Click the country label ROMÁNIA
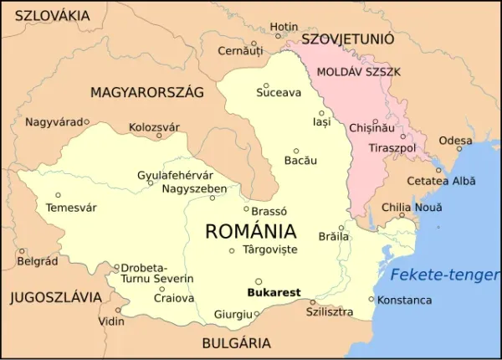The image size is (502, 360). [x=250, y=232]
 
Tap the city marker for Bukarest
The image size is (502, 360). [x=259, y=282]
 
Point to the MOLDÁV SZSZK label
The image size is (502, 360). [x=359, y=72]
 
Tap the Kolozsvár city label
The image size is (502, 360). [x=154, y=127]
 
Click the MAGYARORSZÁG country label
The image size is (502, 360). [x=146, y=93]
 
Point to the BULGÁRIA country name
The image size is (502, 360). [x=236, y=342]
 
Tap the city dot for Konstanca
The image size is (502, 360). [x=371, y=299]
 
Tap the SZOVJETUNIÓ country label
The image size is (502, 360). [x=347, y=39]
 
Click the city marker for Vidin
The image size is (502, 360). [x=118, y=310]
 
